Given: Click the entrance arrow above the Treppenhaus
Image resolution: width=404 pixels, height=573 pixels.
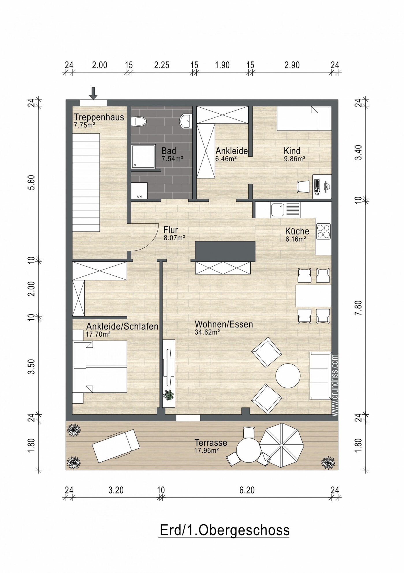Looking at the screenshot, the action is click(x=93, y=93).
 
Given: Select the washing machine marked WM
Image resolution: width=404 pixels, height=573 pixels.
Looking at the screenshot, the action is click(x=139, y=190).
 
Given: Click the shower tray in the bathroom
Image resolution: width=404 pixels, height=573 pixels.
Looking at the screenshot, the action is click(x=144, y=156).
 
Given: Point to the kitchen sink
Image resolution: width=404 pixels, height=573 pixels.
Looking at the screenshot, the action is click(x=278, y=209).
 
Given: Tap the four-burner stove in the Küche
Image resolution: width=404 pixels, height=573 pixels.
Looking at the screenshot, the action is click(x=323, y=231).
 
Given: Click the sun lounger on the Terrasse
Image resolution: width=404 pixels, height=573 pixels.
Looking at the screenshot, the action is click(x=116, y=446).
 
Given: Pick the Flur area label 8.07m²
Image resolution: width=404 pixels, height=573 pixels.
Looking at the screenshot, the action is click(x=174, y=238).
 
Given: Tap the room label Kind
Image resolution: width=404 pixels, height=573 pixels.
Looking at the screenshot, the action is click(x=292, y=151).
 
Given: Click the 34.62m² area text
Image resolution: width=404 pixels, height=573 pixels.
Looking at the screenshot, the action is click(x=207, y=332).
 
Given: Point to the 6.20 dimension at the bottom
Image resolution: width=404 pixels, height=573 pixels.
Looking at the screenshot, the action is click(x=247, y=490).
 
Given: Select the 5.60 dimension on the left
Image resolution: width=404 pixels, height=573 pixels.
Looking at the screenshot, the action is click(x=32, y=182).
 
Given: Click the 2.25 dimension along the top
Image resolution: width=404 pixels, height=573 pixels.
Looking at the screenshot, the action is click(x=162, y=65).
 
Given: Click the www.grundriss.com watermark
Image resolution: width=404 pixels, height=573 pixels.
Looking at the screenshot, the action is click(x=335, y=385).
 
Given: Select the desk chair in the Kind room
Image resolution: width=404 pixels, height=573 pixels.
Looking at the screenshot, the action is click(x=303, y=186).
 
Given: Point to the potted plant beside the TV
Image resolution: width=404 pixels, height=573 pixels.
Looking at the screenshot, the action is click(x=169, y=395).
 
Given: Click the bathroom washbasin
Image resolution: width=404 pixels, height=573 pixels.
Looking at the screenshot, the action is click(x=186, y=121).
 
